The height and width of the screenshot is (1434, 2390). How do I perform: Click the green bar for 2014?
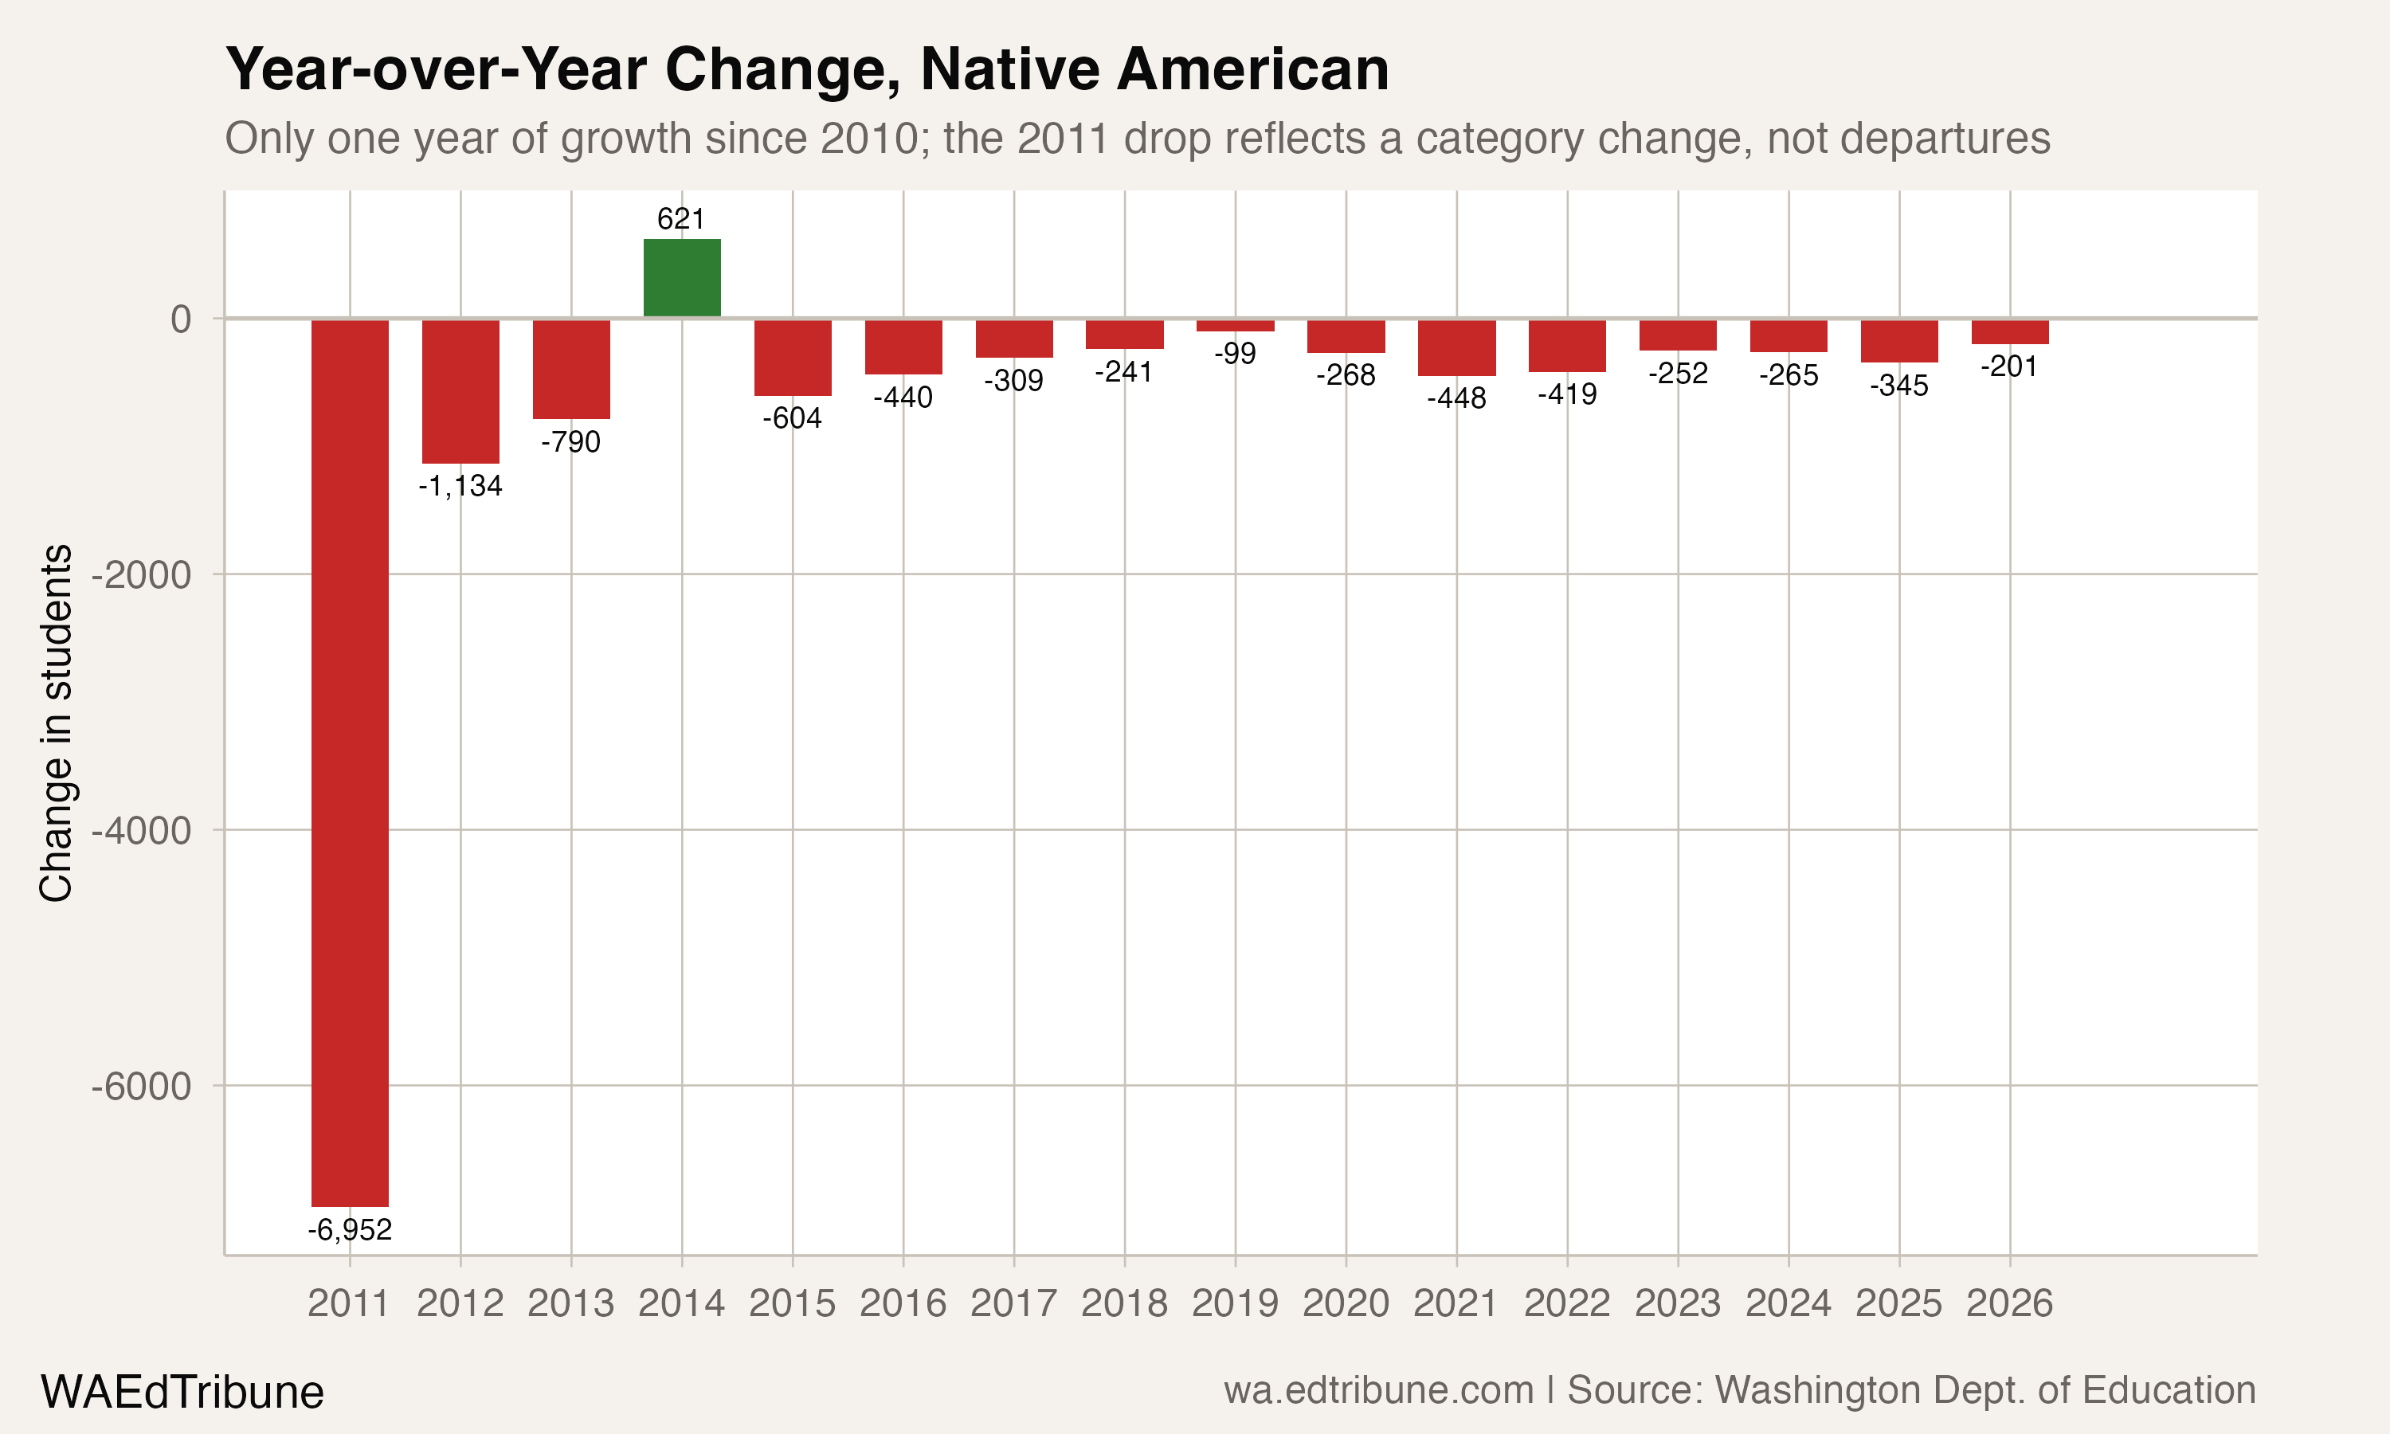coord(682,277)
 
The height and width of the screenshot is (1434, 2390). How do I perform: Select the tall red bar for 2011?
coord(350,763)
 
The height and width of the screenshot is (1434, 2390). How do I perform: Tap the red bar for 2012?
coord(460,391)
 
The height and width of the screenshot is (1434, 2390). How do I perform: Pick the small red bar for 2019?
coord(1235,326)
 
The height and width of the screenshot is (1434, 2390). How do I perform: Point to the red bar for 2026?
coord(2009,331)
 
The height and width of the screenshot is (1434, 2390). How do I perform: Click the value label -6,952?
coord(350,1230)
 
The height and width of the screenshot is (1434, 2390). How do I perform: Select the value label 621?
coord(681,219)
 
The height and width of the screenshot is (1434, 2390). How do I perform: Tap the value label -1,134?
coord(460,486)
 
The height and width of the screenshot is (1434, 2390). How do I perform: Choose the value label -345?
coord(1898,386)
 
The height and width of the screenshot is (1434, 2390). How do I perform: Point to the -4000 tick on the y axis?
coord(141,831)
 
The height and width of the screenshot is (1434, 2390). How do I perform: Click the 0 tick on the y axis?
coord(181,319)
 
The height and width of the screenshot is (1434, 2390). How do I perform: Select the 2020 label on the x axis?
coord(1346,1303)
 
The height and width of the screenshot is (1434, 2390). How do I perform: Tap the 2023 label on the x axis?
coord(1677,1303)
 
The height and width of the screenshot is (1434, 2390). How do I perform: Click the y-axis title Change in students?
coord(56,723)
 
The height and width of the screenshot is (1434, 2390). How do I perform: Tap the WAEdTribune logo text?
coord(182,1393)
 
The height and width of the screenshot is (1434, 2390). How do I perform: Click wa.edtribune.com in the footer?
coord(1378,1390)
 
